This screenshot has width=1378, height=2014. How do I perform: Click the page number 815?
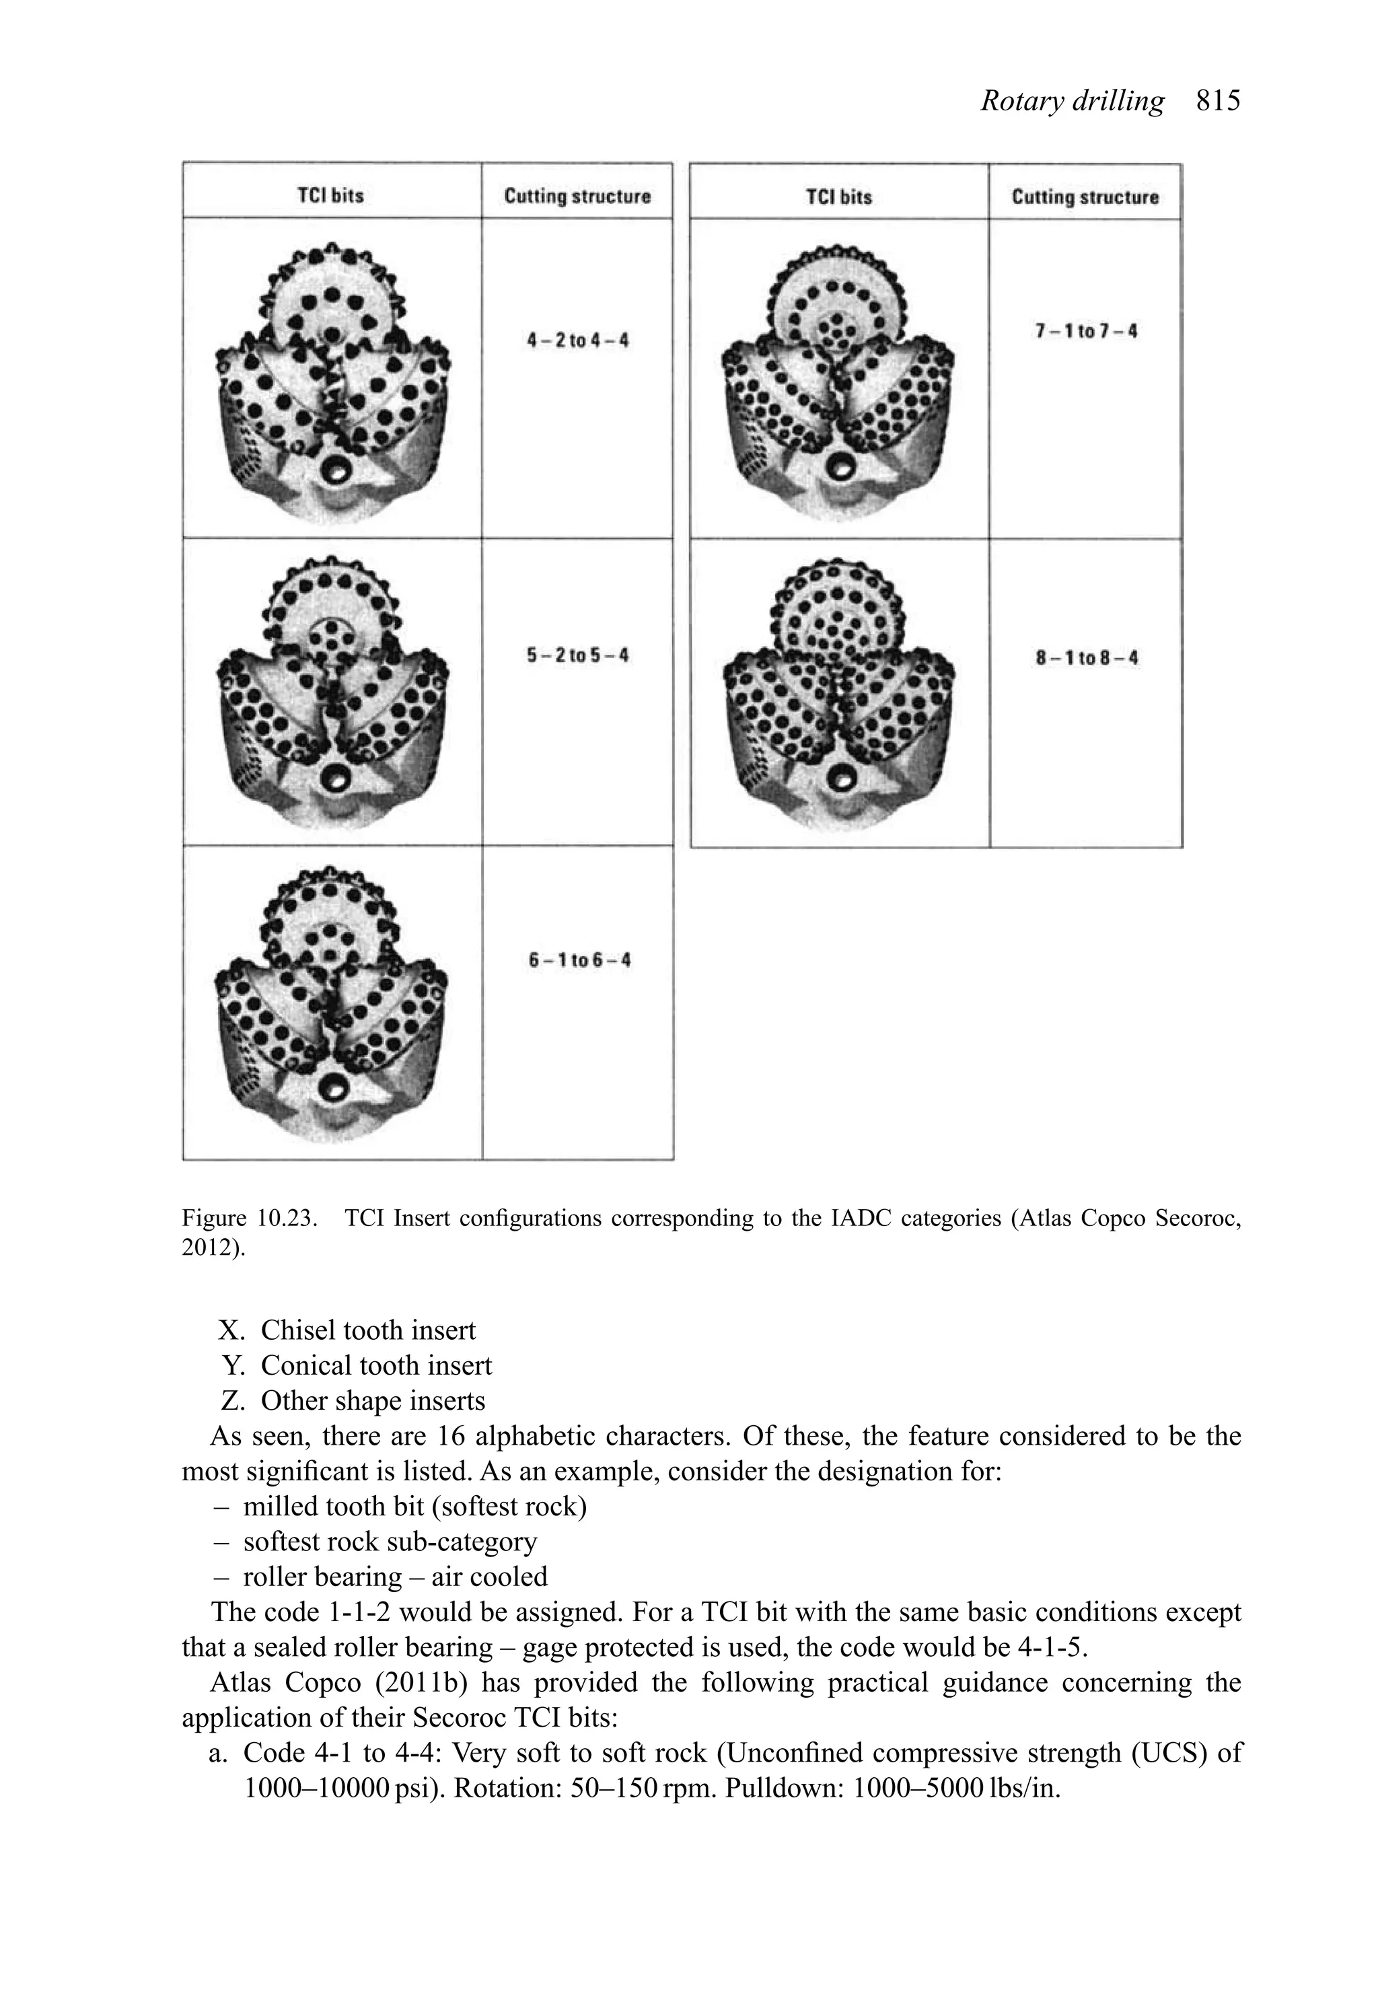click(x=1218, y=102)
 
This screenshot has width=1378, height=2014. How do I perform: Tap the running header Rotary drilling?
click(x=1072, y=102)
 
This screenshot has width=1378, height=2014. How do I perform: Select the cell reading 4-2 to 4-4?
click(x=578, y=340)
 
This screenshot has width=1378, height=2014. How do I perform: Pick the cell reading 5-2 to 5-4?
click(x=578, y=655)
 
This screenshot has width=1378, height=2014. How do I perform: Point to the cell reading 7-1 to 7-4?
click(x=1086, y=331)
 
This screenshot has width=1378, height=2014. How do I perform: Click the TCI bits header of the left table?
click(x=331, y=195)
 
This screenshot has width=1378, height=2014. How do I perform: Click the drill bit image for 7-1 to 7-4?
click(x=839, y=379)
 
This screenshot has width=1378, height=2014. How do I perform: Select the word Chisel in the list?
click(x=299, y=1330)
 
